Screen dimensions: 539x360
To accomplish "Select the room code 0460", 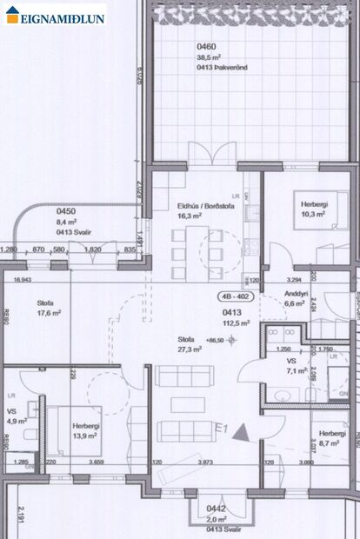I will pos(181,47).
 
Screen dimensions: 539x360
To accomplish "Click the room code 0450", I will pos(66,211).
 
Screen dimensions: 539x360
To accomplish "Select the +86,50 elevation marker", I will pos(214,339).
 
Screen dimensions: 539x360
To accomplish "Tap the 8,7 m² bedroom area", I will pos(330,443).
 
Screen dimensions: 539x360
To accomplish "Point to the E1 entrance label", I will pos(221,429).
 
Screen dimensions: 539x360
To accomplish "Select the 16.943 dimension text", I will pos(22,280).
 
